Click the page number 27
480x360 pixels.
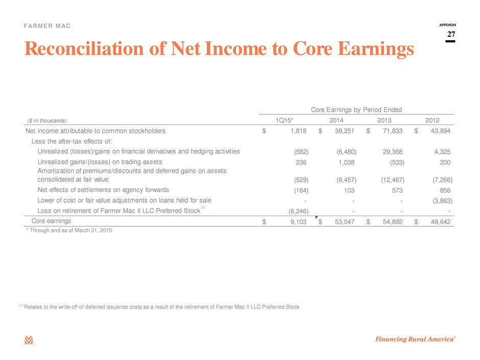click(x=451, y=34)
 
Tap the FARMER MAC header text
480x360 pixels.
click(x=47, y=26)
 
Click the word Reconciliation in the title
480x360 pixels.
click(x=84, y=49)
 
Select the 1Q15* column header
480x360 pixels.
click(x=284, y=121)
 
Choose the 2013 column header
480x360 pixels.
click(x=384, y=121)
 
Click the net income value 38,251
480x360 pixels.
click(x=344, y=131)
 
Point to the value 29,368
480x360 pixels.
click(x=393, y=152)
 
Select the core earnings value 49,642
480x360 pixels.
click(x=441, y=222)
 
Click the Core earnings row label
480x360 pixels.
click(x=51, y=221)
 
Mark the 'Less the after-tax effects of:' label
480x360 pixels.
click(x=71, y=141)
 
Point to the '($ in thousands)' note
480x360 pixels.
click(x=47, y=121)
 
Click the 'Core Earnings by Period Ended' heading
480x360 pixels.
click(x=356, y=110)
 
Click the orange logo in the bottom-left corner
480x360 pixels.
click(x=29, y=340)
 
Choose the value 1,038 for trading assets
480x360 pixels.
click(x=346, y=162)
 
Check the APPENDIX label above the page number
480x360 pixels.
click(x=447, y=25)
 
